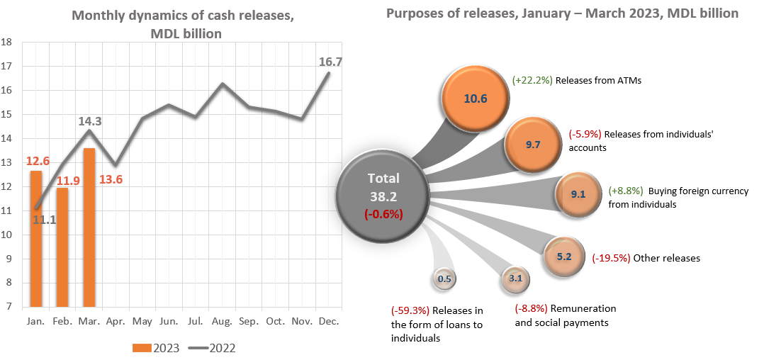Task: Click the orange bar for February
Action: [x=62, y=247]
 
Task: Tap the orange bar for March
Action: [x=89, y=227]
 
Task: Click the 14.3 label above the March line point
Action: [x=89, y=121]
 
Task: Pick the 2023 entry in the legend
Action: [x=157, y=348]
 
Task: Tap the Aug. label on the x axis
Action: [x=223, y=321]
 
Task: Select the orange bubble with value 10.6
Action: [x=475, y=99]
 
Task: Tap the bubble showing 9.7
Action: [x=533, y=145]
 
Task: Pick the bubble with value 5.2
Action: [x=564, y=257]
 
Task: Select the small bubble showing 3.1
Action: [x=515, y=279]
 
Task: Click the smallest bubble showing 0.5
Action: [x=444, y=279]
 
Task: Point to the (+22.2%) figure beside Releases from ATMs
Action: [x=532, y=81]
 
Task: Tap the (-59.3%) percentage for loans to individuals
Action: [x=410, y=310]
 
